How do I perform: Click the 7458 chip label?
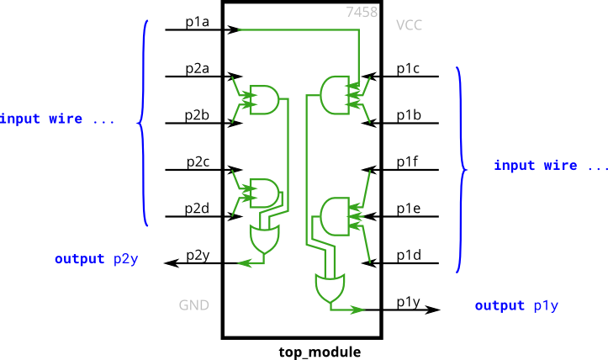362,12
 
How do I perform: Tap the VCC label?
409,25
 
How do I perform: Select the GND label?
193,305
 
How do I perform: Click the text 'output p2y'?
97,259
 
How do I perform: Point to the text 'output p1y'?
516,305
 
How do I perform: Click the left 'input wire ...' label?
57,119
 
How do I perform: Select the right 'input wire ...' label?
550,166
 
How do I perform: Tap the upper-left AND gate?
264,99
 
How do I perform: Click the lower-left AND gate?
264,192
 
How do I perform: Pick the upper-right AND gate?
335,94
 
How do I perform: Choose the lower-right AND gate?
335,216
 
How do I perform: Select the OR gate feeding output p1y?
329,289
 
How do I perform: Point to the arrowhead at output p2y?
243,264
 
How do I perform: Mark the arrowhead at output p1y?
359,310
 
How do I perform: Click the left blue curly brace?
143,122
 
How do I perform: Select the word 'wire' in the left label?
64,119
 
